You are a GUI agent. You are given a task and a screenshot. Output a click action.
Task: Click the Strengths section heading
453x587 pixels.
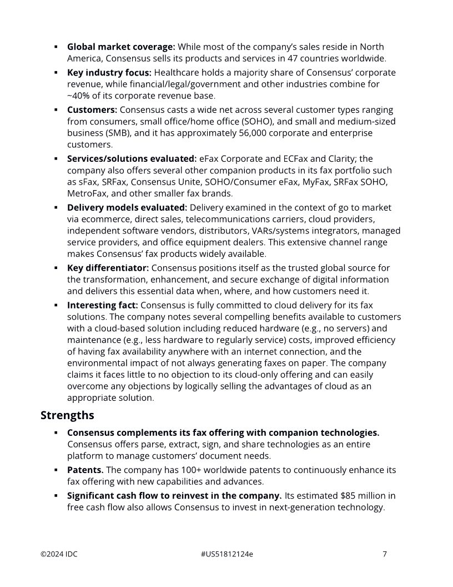coord(67,415)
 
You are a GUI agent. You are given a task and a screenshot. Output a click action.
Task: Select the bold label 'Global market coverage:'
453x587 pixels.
coord(121,47)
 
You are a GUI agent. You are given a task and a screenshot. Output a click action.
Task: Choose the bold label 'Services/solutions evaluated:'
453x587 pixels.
coord(132,158)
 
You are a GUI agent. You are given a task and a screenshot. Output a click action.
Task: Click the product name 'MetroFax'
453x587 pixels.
coord(85,193)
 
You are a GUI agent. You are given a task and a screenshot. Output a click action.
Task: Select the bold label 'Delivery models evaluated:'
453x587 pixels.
coord(127,207)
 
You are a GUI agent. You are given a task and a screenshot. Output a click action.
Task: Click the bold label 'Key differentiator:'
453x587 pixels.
coord(108,268)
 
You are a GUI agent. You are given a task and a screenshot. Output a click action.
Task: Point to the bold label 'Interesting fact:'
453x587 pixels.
coord(103,305)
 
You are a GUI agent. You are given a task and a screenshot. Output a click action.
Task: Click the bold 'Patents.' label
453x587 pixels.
coord(85,470)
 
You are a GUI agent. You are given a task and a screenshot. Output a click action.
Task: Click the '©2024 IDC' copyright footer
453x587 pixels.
coord(59,554)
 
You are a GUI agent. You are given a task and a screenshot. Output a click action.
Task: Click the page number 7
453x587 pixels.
coord(385,554)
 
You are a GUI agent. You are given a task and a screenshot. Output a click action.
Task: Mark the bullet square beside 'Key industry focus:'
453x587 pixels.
coord(56,73)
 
